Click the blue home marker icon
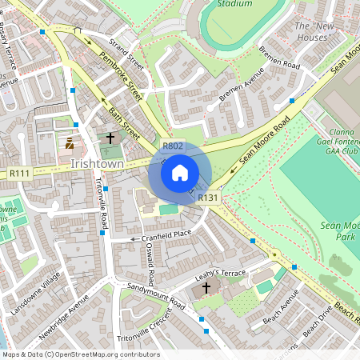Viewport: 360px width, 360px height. click(x=180, y=172)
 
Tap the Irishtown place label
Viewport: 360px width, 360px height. click(x=97, y=163)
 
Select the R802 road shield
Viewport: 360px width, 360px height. click(x=173, y=146)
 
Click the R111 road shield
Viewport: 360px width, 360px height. click(x=20, y=173)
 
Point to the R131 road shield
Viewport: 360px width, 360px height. click(x=208, y=198)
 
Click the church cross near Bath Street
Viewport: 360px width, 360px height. click(x=111, y=138)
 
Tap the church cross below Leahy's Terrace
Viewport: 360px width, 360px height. click(x=206, y=288)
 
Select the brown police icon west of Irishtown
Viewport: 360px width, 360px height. click(x=70, y=144)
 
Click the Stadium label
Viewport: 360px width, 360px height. click(x=234, y=4)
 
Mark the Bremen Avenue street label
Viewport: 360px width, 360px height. click(x=242, y=92)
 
